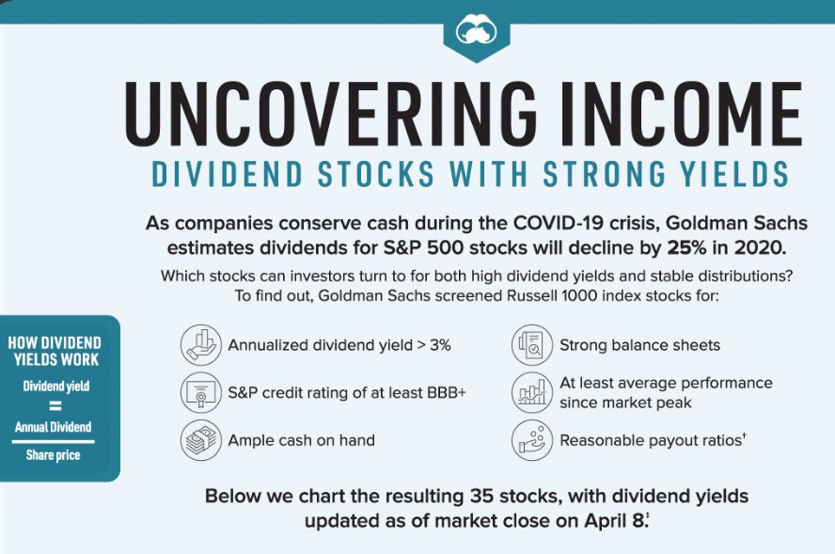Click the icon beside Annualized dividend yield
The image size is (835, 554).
pos(200,345)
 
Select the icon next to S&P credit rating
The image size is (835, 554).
pos(200,393)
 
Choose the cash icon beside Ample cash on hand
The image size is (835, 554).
pos(200,440)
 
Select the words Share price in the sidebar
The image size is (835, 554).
pos(53,455)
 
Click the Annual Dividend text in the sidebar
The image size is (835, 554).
pos(54,427)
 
